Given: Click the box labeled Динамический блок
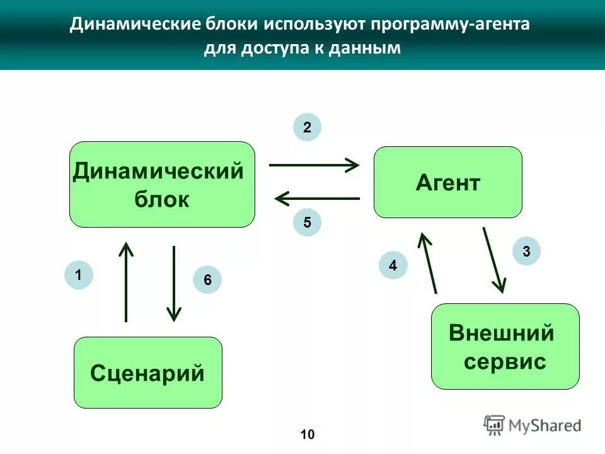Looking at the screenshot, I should pos(162,184).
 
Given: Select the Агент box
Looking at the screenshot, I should pos(448,182).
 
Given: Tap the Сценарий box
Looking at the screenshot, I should pos(148,373).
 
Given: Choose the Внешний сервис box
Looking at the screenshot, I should pos(505,346).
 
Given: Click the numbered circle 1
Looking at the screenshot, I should pos(78,275).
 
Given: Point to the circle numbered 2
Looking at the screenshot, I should pos(307,127).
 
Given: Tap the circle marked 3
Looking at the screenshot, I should pos(526,252).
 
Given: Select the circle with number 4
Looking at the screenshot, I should pos(393,265).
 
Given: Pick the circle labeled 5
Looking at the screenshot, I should pos(307,223).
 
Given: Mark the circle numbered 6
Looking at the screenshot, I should pos(207,280).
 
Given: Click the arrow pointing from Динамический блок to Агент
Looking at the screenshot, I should pos(314,165).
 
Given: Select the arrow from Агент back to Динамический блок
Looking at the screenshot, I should pos(317,199).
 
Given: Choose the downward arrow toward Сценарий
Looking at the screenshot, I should pos(174,283).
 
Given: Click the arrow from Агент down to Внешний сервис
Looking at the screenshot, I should pos(493,259).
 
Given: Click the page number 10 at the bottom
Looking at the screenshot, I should pos(307,434).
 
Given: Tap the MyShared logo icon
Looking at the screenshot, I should pos(494,425).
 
